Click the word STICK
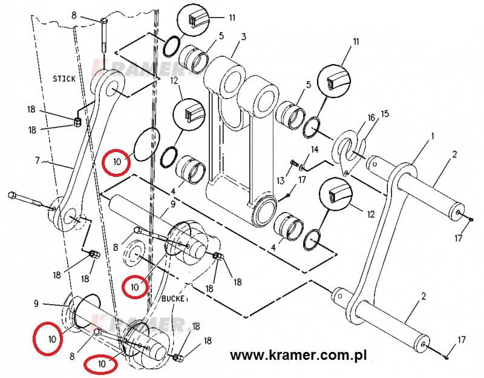tap(64, 78)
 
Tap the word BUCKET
tap(175, 299)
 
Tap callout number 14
tap(314, 149)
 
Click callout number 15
tap(385, 114)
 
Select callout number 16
tap(371, 118)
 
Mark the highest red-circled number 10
tap(115, 162)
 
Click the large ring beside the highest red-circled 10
tap(146, 144)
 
